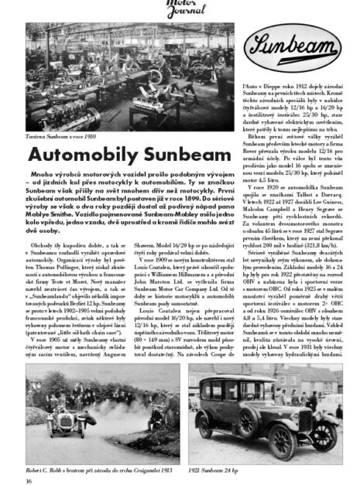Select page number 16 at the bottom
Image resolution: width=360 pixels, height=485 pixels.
tap(29, 480)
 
